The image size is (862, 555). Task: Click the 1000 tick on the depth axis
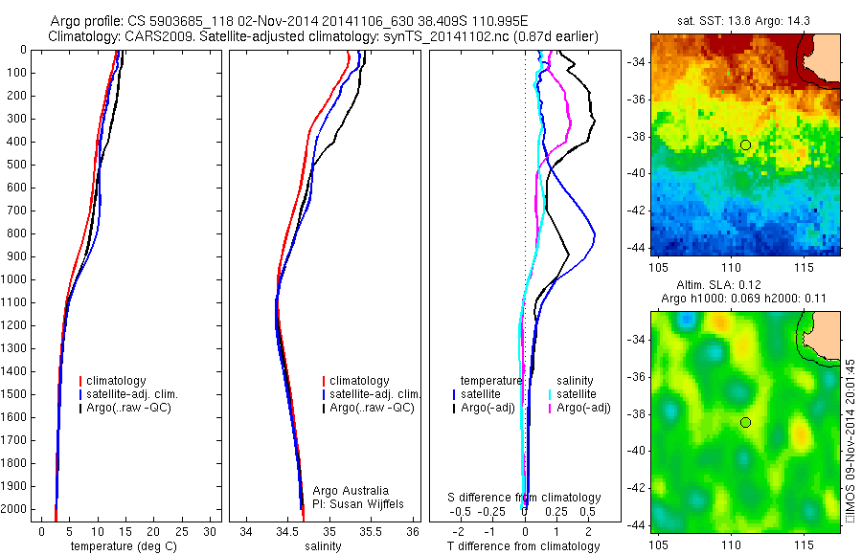pos(16,279)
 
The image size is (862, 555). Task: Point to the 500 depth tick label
pos(16,165)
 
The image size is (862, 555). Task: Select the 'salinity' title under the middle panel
pos(323,546)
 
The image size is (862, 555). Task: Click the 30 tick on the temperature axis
pos(210,531)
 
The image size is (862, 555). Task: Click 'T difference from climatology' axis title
pos(523,546)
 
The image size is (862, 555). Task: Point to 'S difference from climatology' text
pos(525,498)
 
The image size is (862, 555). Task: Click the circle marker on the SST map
pos(745,144)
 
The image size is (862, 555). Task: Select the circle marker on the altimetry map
pos(745,422)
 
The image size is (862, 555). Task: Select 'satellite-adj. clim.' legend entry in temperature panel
pos(139,394)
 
